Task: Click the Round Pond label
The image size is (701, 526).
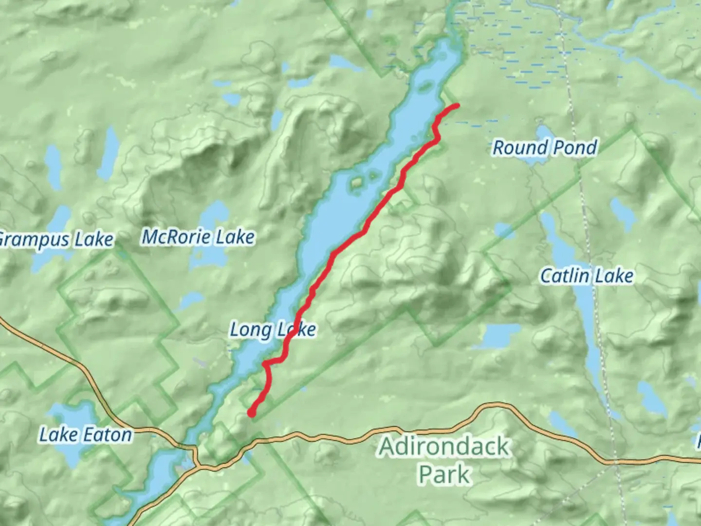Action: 545,148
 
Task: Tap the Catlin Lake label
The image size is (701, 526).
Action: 587,276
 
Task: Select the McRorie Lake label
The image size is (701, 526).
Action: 198,237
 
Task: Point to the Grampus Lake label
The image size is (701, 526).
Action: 56,240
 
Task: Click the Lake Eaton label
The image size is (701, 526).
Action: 86,435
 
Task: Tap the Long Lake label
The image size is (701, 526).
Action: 273,330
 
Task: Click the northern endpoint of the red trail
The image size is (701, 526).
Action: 457,106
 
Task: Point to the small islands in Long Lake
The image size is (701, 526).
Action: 358,183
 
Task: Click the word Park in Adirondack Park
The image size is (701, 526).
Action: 444,474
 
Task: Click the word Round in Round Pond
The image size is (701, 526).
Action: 519,148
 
